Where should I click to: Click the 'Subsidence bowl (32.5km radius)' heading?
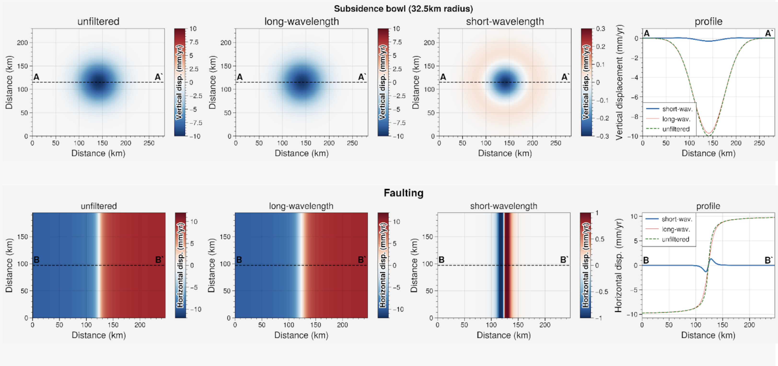403,9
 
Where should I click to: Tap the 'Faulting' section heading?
403,193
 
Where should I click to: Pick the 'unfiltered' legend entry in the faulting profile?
675,239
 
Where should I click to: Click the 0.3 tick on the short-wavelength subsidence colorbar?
600,29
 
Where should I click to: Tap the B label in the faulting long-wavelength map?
239,260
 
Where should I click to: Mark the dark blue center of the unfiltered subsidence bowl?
99,82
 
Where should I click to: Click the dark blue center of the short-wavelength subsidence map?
505,82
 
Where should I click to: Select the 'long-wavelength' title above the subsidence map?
302,21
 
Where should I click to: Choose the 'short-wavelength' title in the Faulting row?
504,206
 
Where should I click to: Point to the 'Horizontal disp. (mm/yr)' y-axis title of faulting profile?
618,265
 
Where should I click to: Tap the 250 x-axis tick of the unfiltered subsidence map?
149,143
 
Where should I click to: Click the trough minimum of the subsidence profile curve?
708,135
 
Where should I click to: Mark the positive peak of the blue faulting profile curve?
711,259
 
